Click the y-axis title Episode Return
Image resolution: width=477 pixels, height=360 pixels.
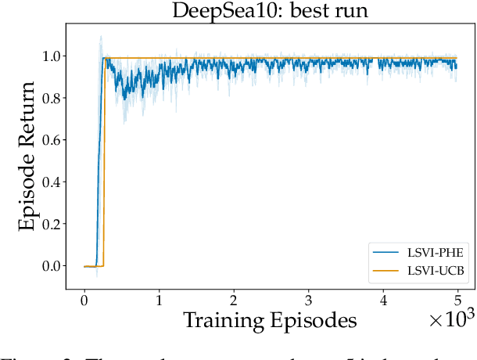coord(28,157)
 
